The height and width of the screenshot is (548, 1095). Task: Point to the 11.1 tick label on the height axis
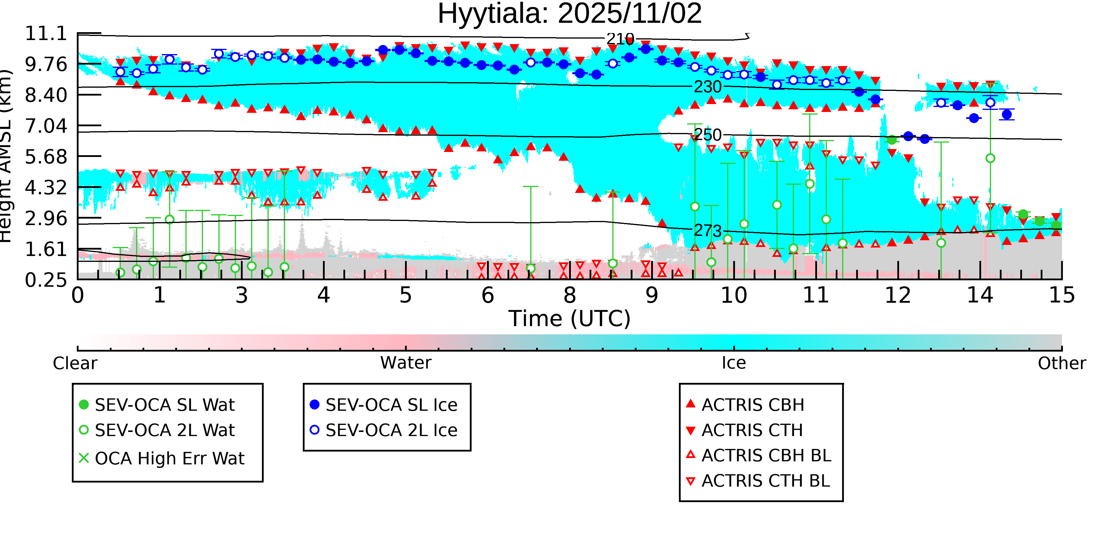pos(46,34)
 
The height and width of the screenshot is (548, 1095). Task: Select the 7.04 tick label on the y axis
pos(46,126)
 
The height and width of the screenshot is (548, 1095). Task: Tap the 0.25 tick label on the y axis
pos(46,280)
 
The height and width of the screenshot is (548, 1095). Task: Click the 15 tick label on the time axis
pos(1061,295)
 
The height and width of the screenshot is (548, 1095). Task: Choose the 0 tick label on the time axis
pos(78,295)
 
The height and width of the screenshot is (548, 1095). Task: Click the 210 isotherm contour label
pos(620,39)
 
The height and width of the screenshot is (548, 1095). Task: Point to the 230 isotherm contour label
pos(708,87)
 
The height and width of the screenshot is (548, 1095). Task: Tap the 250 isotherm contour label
pos(708,135)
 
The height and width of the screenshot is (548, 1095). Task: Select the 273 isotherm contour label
pos(708,231)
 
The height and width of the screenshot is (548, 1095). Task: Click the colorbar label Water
pos(406,363)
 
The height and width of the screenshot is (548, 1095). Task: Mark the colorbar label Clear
pos(75,363)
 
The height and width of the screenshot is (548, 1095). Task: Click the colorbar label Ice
pos(734,363)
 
